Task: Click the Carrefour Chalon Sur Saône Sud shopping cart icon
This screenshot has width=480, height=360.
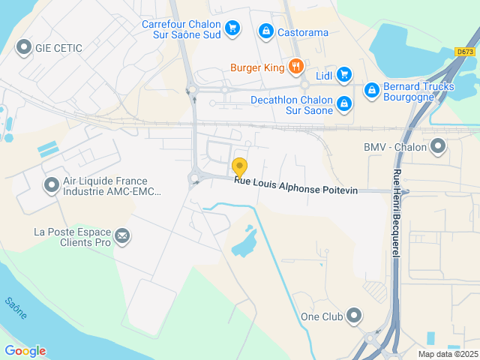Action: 232,28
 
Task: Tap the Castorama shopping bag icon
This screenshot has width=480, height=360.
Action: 265,31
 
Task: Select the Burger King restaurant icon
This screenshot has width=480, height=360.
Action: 296,67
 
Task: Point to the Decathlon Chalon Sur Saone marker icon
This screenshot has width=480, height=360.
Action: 343,103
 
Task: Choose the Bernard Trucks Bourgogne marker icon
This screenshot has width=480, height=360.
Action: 370,91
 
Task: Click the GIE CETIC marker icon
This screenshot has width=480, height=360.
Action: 23,48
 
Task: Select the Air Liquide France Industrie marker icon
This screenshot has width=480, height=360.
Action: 52,184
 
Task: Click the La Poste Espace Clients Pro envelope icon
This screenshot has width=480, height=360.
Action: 122,237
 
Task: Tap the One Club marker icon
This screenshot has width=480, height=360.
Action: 354,316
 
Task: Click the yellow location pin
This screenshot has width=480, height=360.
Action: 240,166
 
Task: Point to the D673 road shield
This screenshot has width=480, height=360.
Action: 465,52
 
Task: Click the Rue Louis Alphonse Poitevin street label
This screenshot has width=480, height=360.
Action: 295,185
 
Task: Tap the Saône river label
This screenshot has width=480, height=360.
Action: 16,308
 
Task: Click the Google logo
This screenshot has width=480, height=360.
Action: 25,350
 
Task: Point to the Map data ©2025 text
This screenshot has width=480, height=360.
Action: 447,354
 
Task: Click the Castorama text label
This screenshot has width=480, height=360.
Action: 303,32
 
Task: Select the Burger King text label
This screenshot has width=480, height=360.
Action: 257,68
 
